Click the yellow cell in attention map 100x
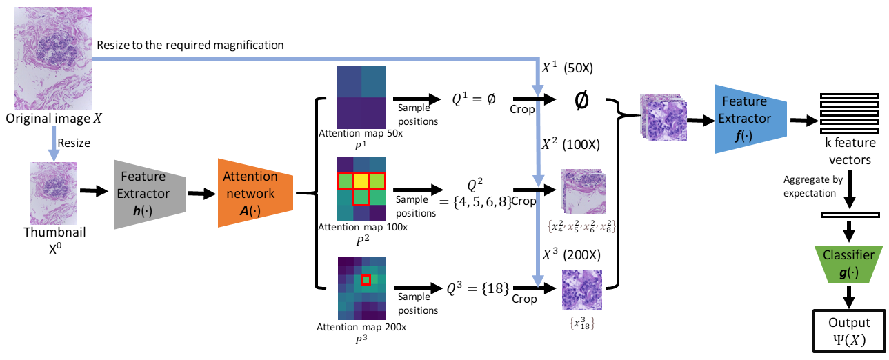(361, 181)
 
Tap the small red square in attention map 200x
(366, 279)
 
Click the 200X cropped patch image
(581, 290)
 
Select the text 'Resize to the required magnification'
(190, 46)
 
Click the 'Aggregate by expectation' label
(812, 185)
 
